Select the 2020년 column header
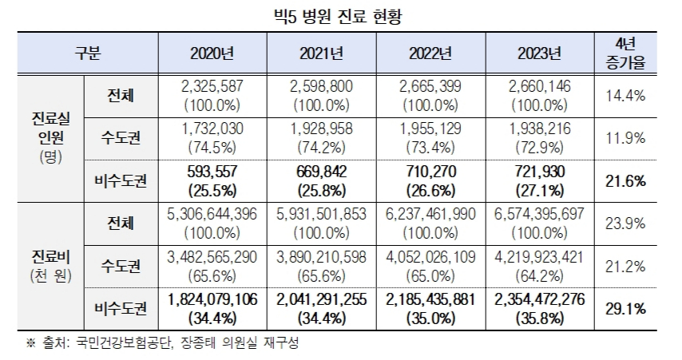(x=212, y=54)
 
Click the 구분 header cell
(x=89, y=54)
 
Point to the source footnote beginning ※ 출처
(x=160, y=343)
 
